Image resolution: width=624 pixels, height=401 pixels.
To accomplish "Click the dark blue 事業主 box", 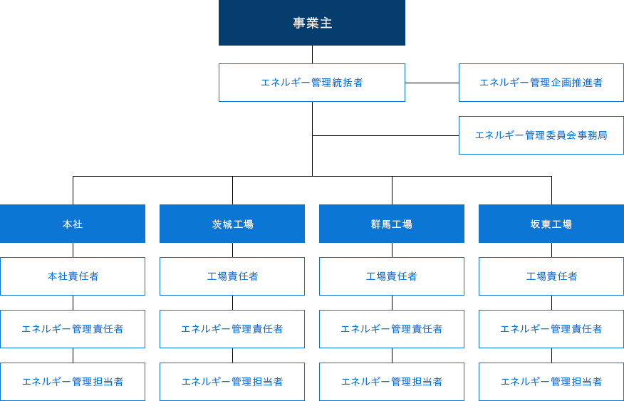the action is pyautogui.click(x=312, y=23).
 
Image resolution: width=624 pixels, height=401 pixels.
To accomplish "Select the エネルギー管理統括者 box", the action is pyautogui.click(x=312, y=83).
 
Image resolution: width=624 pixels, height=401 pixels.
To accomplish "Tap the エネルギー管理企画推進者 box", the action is pyautogui.click(x=541, y=83).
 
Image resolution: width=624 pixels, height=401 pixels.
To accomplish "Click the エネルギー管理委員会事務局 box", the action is pyautogui.click(x=541, y=135).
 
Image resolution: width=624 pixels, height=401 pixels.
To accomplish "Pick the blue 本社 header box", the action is pyautogui.click(x=73, y=224).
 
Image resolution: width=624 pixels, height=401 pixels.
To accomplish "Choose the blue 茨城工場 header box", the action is pyautogui.click(x=232, y=224).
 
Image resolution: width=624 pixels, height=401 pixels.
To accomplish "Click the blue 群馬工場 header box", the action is pyautogui.click(x=392, y=224).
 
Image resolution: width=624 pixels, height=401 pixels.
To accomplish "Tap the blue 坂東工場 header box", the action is pyautogui.click(x=551, y=224).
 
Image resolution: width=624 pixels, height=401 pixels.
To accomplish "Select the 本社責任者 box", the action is pyautogui.click(x=73, y=276).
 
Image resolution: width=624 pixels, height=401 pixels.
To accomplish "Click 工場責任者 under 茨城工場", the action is pyautogui.click(x=232, y=276).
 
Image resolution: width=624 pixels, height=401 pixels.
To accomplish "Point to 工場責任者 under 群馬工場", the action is pyautogui.click(x=392, y=276).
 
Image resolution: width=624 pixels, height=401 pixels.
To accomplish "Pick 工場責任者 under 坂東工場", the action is pyautogui.click(x=551, y=276).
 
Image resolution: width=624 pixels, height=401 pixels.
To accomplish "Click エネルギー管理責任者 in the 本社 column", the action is pyautogui.click(x=73, y=329).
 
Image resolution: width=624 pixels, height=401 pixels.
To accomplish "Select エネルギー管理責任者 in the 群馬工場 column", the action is pyautogui.click(x=392, y=329).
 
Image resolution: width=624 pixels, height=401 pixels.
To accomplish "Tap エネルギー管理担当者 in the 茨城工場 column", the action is pyautogui.click(x=232, y=382).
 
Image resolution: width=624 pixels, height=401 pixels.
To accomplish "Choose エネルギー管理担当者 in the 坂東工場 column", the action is pyautogui.click(x=551, y=382).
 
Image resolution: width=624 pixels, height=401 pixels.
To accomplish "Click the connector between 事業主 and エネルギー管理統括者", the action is pyautogui.click(x=313, y=55).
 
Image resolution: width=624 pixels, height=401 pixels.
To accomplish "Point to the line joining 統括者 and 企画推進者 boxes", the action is pyautogui.click(x=432, y=83).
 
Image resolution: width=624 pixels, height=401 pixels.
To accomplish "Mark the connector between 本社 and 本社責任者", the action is pyautogui.click(x=73, y=250).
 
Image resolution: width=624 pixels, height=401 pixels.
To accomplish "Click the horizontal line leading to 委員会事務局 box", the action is pyautogui.click(x=385, y=135).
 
